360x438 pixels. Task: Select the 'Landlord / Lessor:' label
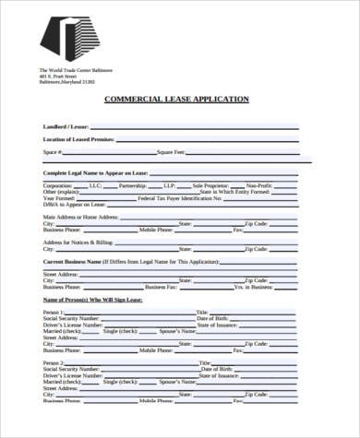(x=66, y=125)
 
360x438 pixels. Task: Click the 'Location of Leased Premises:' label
(x=78, y=138)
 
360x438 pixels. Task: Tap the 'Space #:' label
(x=53, y=151)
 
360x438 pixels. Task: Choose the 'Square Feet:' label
(x=172, y=151)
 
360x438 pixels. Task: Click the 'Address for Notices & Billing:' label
(x=78, y=242)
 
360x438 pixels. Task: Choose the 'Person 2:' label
(x=54, y=363)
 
